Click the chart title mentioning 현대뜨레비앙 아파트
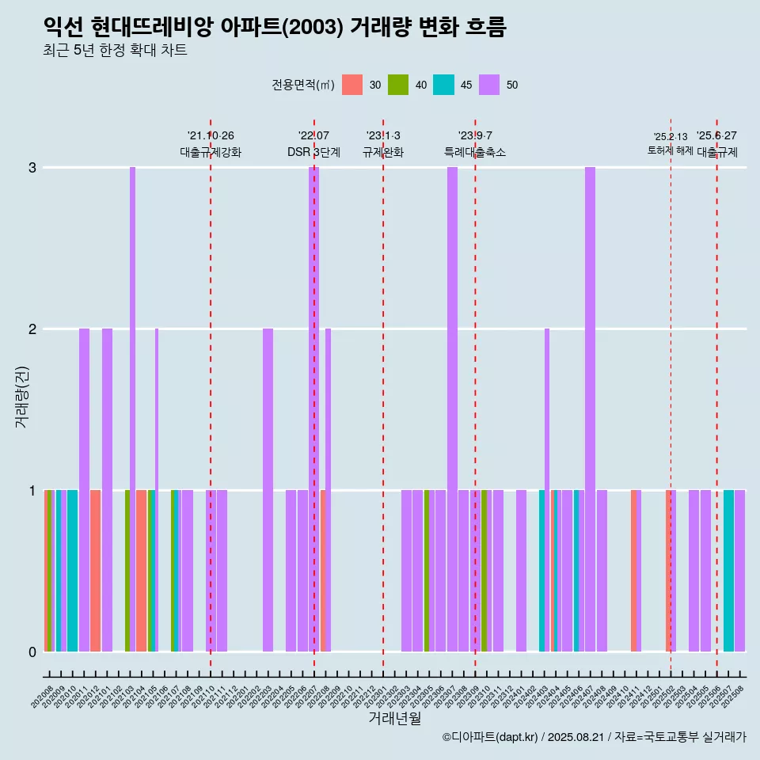274,27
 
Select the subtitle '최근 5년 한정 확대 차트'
115,51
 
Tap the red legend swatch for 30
352,85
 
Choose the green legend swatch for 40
398,85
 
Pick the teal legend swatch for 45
443,85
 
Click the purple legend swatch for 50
489,85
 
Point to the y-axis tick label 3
32,168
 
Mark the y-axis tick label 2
32,329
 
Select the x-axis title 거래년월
394,718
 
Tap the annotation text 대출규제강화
211,152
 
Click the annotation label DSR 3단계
313,152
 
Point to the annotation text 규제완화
383,152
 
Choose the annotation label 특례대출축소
475,152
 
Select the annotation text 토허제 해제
670,150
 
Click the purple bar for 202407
590,409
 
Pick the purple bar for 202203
268,490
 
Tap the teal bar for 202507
728,571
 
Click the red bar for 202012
95,571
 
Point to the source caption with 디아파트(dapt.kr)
594,738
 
